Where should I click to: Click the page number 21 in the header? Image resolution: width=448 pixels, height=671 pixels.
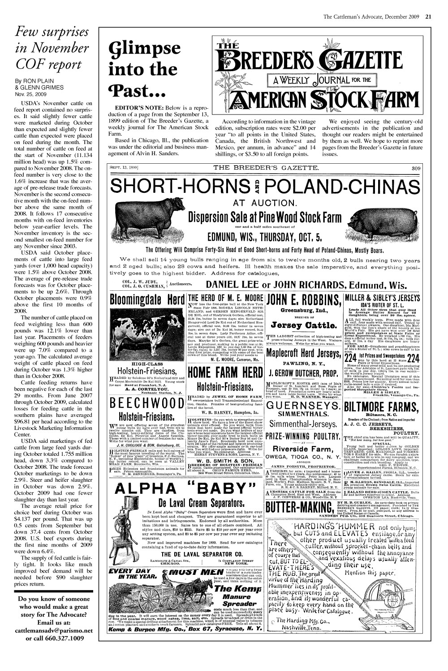point(428,17)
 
